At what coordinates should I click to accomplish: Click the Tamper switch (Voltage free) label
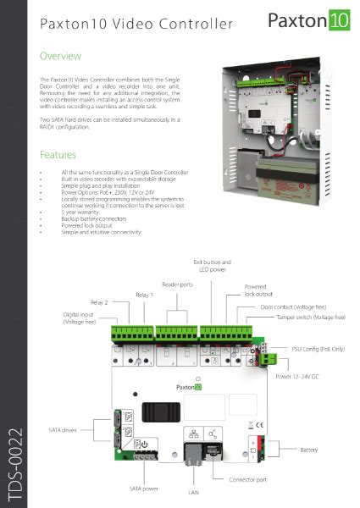point(309,317)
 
